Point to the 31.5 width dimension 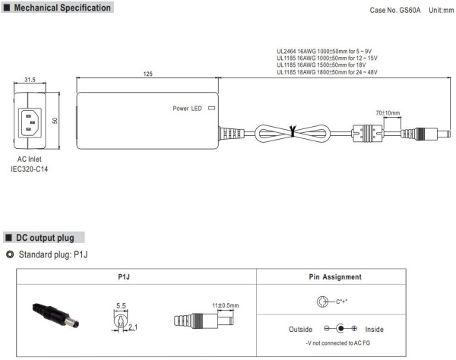click(30, 79)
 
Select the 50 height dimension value click(55, 120)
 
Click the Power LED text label click(187, 108)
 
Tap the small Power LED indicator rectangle click(211, 108)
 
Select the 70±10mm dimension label click(388, 112)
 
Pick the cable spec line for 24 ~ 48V click(326, 72)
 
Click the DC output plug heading click(49, 238)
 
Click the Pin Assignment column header click(335, 277)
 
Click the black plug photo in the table click(52, 313)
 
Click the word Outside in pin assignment click(302, 329)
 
